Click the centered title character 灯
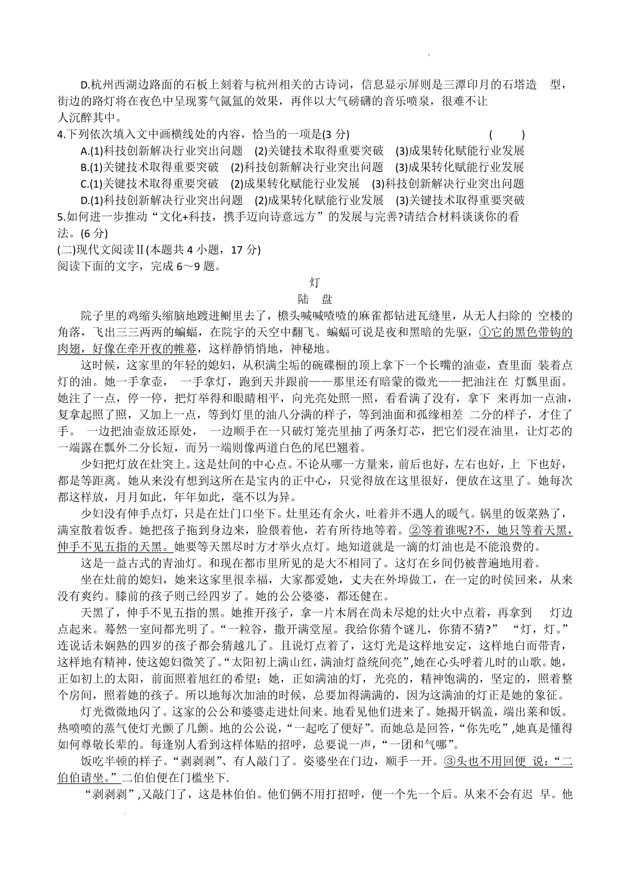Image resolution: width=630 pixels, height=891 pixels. (x=314, y=283)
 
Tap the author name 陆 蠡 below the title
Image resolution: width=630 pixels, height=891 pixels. (x=314, y=299)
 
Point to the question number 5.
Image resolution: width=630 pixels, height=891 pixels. (x=61, y=217)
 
